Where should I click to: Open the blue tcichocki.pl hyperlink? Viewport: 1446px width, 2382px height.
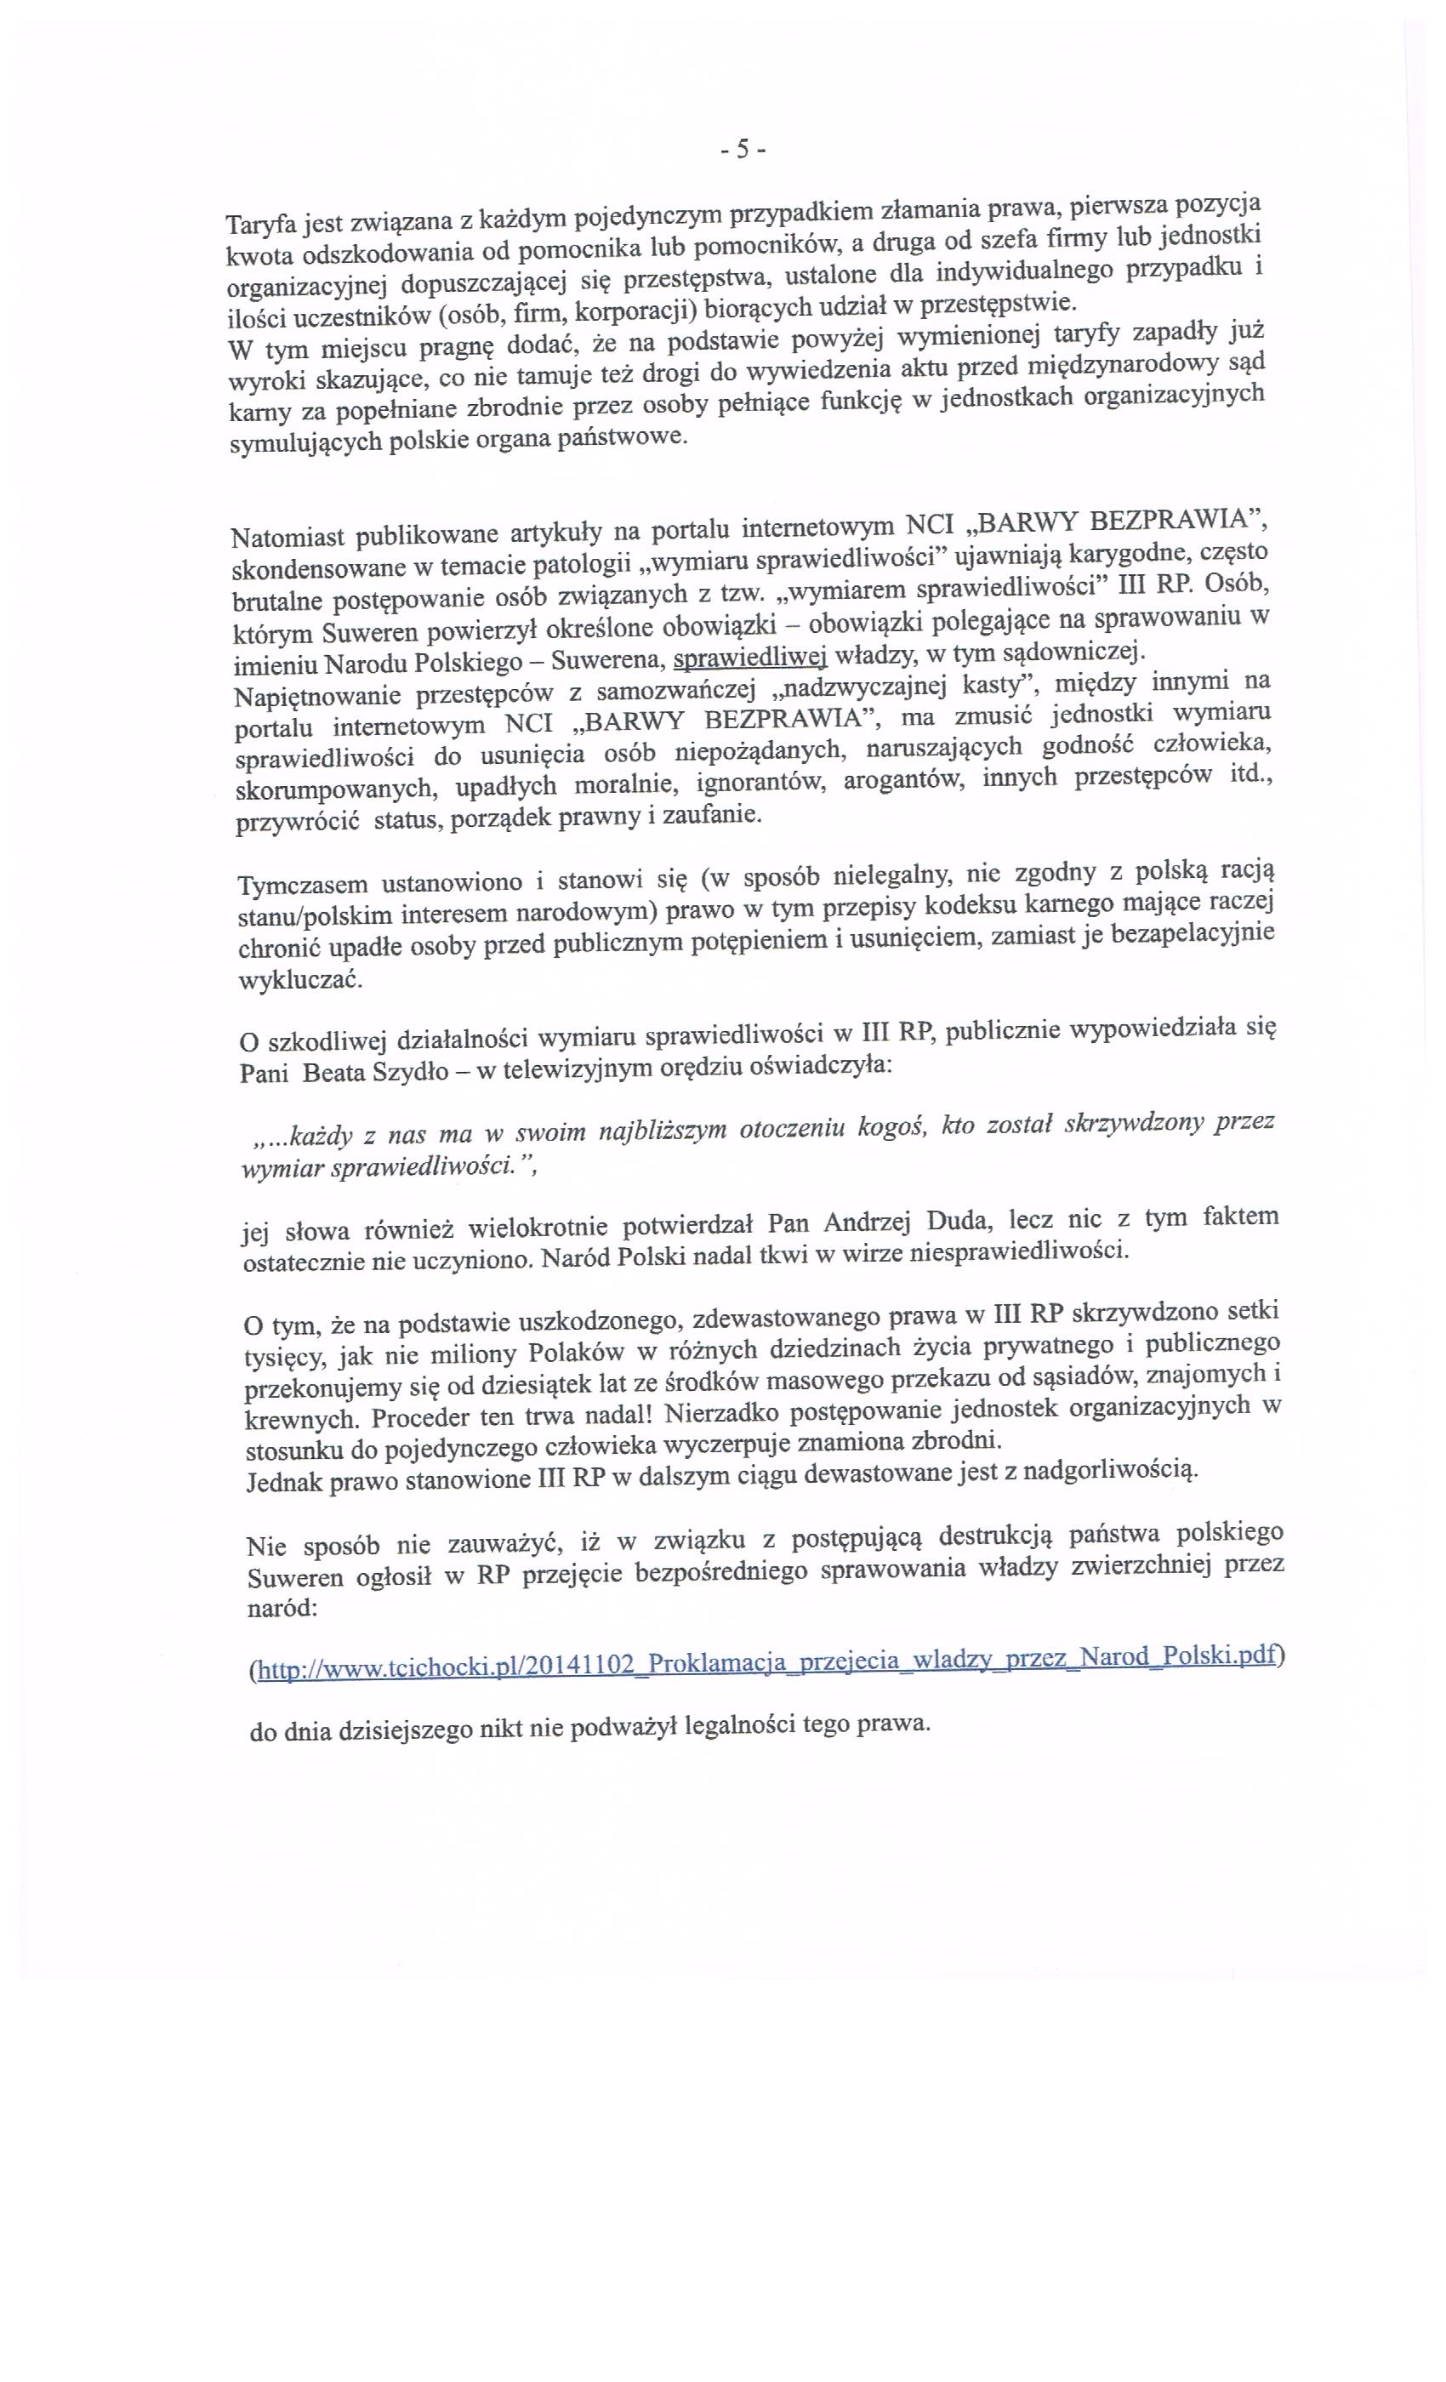(x=764, y=1660)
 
